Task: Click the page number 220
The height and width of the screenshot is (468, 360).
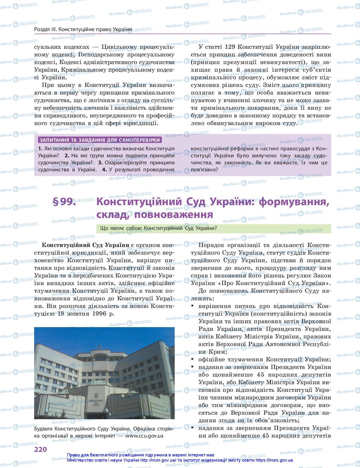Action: click(x=40, y=450)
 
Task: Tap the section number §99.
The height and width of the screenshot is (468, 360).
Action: click(x=64, y=202)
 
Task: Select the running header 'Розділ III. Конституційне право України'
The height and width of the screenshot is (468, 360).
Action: click(x=83, y=29)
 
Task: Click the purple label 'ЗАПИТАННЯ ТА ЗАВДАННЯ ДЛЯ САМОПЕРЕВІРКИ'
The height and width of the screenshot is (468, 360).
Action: click(x=99, y=140)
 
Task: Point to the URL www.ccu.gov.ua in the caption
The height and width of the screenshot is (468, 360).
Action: click(x=144, y=435)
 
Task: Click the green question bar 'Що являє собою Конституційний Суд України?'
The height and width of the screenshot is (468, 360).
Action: click(x=213, y=229)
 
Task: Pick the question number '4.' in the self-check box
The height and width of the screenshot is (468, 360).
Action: click(x=105, y=170)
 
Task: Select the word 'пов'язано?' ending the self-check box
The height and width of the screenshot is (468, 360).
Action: click(x=204, y=170)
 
